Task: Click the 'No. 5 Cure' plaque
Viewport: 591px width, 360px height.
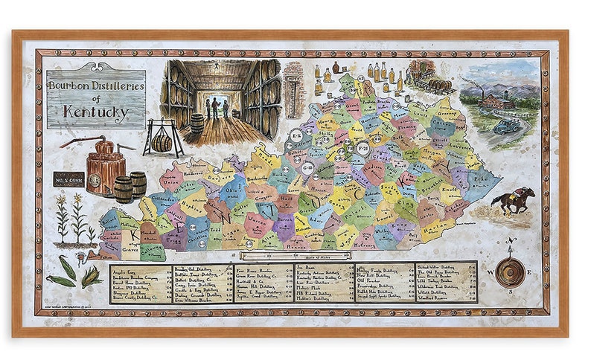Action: click(x=68, y=179)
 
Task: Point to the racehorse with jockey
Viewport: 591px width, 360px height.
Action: click(x=514, y=200)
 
